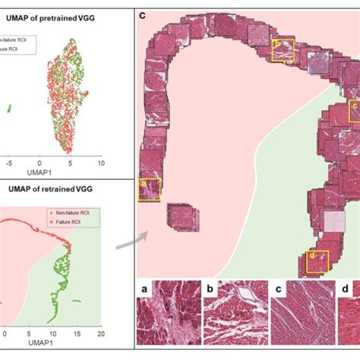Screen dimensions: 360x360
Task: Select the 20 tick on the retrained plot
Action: (x=100, y=333)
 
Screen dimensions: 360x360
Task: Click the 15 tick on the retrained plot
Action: (x=76, y=333)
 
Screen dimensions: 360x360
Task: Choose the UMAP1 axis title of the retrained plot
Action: (x=52, y=344)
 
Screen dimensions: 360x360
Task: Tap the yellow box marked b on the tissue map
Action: (x=283, y=49)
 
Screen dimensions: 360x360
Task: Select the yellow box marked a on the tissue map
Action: (x=149, y=188)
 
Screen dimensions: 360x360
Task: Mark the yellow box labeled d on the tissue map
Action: (x=317, y=261)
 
